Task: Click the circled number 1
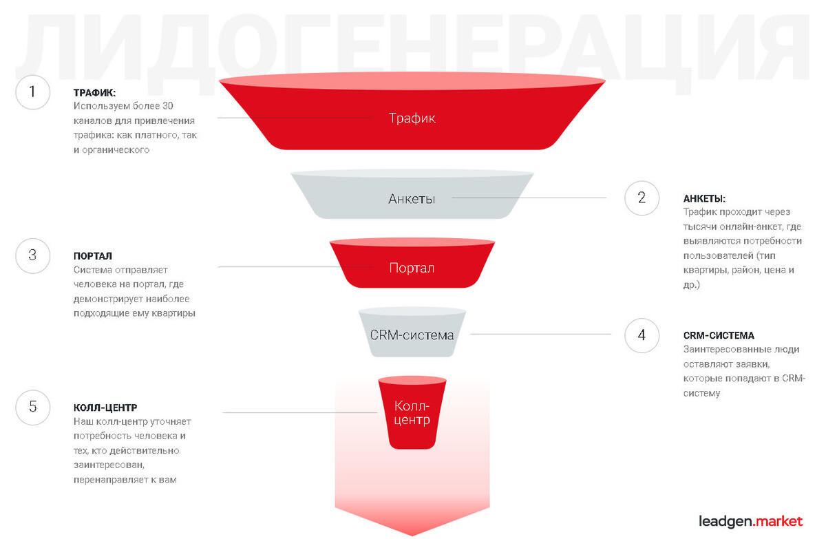coord(32,92)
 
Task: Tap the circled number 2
coord(642,198)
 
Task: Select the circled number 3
coord(32,255)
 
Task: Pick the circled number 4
coord(642,336)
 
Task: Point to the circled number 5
coord(32,406)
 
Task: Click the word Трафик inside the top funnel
coord(412,118)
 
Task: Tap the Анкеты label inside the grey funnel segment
coord(412,199)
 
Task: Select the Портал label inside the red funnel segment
coord(412,268)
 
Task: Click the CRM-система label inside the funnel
coord(412,335)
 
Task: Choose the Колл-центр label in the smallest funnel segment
coord(412,412)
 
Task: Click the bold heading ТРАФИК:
coord(95,92)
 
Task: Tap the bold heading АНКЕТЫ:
coord(704,198)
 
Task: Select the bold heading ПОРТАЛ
coord(93,256)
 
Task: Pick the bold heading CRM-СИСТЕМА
coord(719,336)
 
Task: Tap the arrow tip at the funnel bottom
coord(412,533)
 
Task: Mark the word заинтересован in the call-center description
coord(105,465)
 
